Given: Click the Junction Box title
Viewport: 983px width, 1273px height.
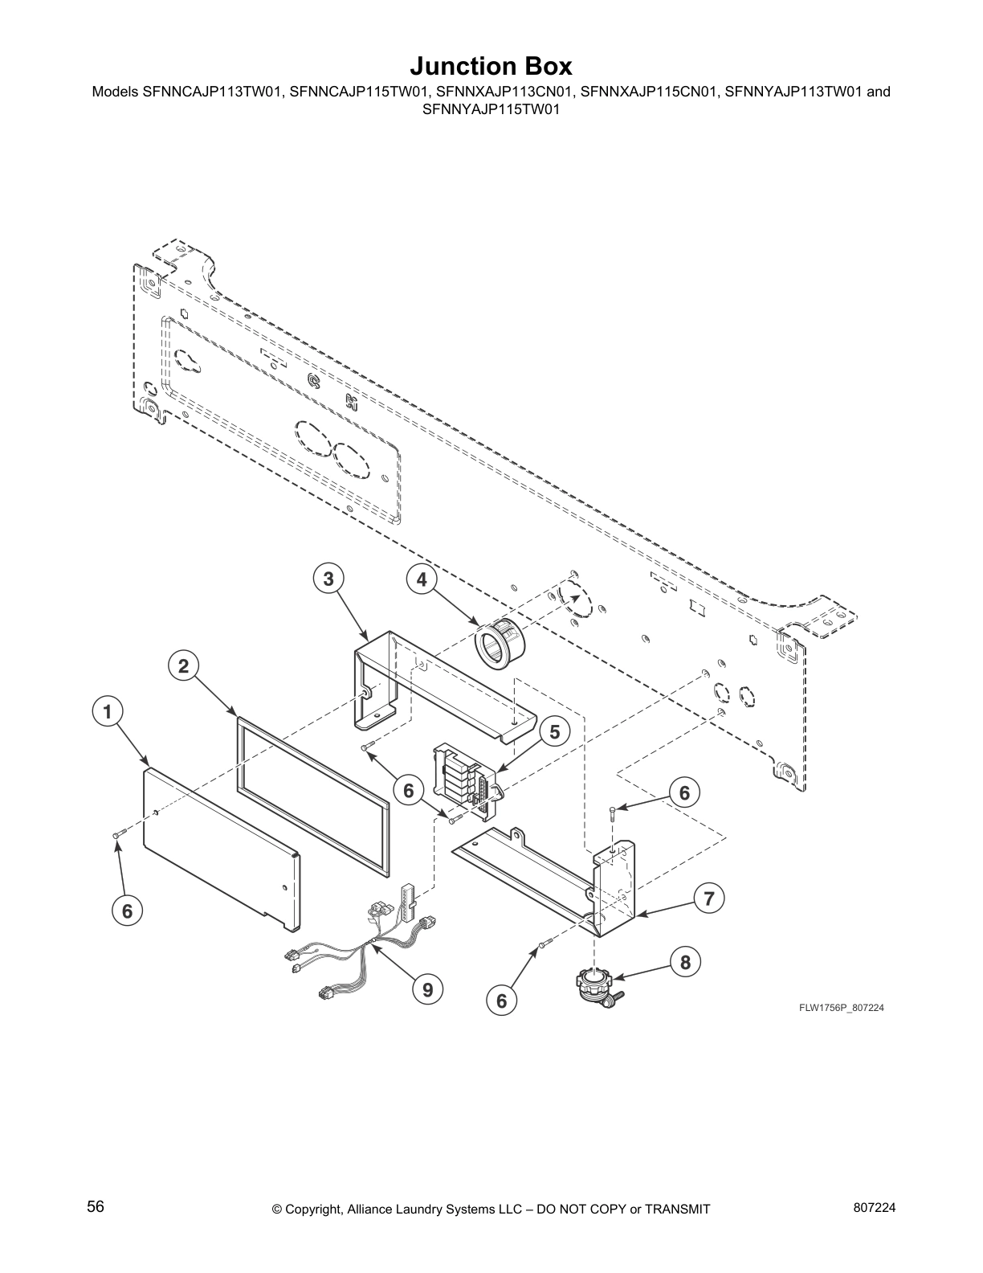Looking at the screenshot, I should pos(491,65).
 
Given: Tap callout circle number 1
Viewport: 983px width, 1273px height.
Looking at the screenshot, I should pos(107,710).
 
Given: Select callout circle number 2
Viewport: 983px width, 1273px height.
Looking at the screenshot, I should pos(184,665).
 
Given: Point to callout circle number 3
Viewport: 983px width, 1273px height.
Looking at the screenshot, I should pos(328,579).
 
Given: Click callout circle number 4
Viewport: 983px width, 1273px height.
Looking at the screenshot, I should pos(422,579).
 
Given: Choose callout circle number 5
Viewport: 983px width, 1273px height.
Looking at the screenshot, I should pos(555,731).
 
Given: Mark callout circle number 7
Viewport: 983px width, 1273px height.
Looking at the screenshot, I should pos(708,898).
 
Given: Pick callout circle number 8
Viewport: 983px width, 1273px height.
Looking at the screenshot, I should pos(685,962).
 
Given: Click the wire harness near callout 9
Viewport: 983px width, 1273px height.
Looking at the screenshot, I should pos(361,940).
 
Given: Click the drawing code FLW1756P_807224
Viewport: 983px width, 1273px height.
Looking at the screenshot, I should pos(841,1008).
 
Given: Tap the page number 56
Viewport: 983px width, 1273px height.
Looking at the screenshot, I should pos(96,1207).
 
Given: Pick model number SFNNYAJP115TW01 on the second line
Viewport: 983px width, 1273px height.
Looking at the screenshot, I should pos(491,107).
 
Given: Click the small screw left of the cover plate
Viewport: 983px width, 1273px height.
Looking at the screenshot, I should pos(117,837).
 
